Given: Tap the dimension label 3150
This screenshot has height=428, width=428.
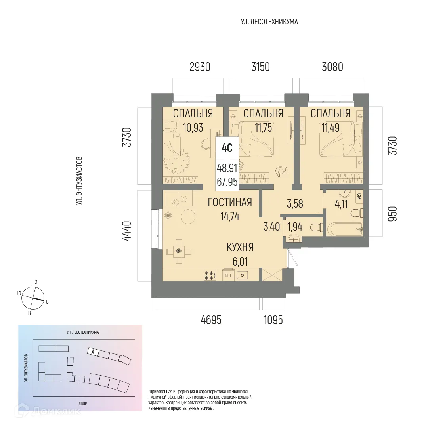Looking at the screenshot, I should pyautogui.click(x=260, y=67).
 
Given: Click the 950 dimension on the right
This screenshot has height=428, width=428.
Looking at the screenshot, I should pyautogui.click(x=392, y=214).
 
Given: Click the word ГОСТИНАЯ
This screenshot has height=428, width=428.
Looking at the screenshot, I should pyautogui.click(x=230, y=203).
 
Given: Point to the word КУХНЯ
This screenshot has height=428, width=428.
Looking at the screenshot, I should pyautogui.click(x=240, y=248).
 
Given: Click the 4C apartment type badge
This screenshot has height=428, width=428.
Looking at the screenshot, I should pyautogui.click(x=227, y=148).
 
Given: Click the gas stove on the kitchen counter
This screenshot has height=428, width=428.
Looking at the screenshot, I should pyautogui.click(x=210, y=275).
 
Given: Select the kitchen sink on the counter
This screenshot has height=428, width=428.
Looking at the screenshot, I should pyautogui.click(x=242, y=275).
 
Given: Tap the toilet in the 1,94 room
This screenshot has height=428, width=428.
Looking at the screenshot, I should pyautogui.click(x=315, y=228).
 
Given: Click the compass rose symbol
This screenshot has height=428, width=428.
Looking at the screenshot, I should pyautogui.click(x=33, y=298).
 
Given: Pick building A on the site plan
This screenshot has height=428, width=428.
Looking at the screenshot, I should pyautogui.click(x=93, y=351).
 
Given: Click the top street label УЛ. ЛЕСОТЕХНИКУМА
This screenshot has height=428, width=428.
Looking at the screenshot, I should pyautogui.click(x=269, y=22).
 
